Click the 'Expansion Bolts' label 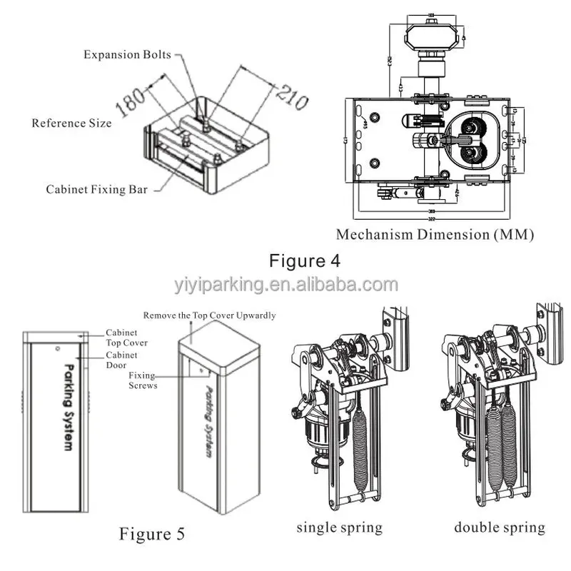click(127, 55)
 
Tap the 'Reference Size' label click(71, 123)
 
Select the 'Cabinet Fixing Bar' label click(97, 190)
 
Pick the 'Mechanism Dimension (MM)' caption click(435, 234)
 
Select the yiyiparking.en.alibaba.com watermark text click(285, 285)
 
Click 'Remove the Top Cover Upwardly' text click(209, 315)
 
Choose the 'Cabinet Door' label click(121, 360)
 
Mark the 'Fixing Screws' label click(143, 380)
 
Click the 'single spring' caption click(340, 528)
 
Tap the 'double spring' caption click(499, 528)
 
